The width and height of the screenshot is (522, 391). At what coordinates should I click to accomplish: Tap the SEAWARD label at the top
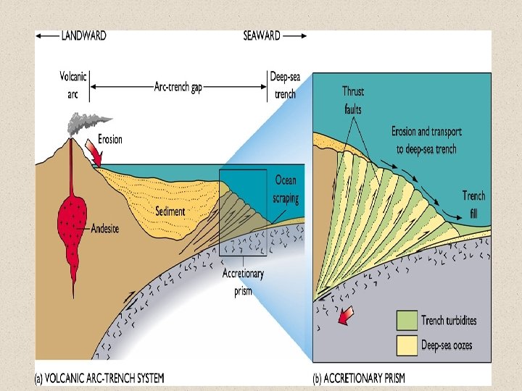(x=262, y=35)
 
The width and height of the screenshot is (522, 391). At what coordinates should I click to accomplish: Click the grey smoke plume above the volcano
(x=81, y=124)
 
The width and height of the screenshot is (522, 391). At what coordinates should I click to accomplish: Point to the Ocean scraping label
(x=286, y=188)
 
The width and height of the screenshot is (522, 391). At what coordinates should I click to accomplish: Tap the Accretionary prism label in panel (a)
(x=244, y=282)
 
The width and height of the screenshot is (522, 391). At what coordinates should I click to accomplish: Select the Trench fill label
(x=473, y=203)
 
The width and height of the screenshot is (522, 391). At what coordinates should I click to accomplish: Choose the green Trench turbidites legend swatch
(x=407, y=320)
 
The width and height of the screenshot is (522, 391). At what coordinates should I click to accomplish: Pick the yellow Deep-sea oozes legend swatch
(x=407, y=343)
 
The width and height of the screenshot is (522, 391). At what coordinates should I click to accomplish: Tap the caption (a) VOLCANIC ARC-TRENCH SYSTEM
(x=100, y=377)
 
